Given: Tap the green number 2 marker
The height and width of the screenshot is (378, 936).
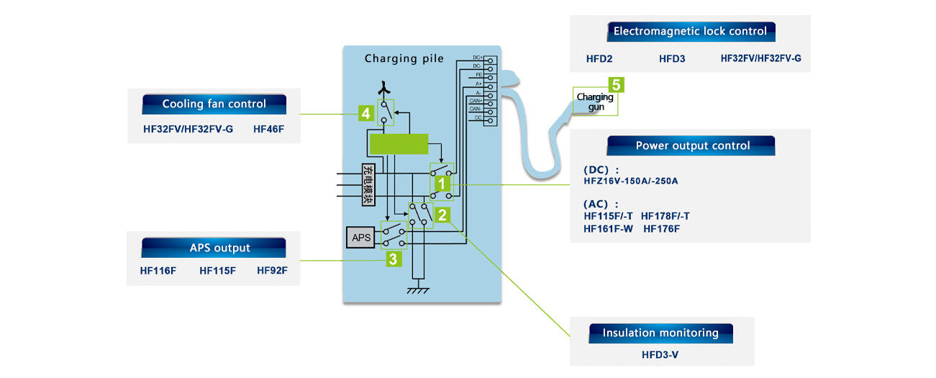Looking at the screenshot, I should (x=443, y=214).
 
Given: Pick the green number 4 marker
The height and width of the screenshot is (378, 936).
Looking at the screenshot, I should (x=366, y=114).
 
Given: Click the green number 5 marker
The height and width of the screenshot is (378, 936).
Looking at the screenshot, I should (x=617, y=84).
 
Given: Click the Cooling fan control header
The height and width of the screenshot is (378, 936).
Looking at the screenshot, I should (x=214, y=104).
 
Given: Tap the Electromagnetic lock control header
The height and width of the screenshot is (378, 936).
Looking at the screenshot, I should (x=689, y=31).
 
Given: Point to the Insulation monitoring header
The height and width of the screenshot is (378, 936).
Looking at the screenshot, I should (x=660, y=333).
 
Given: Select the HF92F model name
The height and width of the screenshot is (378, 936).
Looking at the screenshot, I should (x=272, y=271).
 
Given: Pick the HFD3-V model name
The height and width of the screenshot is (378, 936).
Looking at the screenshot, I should (x=661, y=355).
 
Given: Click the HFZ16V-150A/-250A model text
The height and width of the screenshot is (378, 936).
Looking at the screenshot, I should (x=630, y=181).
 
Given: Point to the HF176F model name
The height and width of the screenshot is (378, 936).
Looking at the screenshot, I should (x=661, y=228).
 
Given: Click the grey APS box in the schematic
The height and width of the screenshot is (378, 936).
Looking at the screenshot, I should (x=360, y=238).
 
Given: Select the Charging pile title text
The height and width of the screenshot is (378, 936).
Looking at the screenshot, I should (x=404, y=58).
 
